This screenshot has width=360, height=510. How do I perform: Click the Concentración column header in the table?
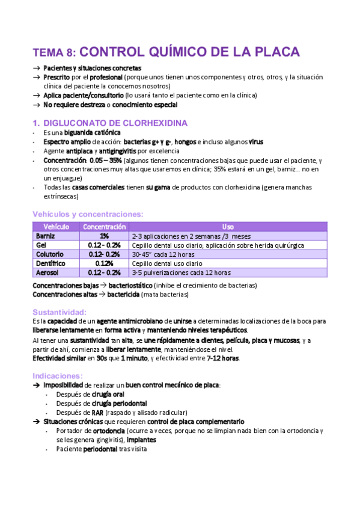coord(104,227)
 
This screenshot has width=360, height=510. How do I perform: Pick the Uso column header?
coord(228,227)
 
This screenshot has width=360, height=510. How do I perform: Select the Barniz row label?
coord(46,236)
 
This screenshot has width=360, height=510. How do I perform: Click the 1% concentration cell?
coord(104,236)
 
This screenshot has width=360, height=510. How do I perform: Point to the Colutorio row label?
coord(50,254)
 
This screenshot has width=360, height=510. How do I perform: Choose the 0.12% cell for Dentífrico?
coord(104,263)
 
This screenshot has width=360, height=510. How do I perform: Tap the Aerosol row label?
coord(48,272)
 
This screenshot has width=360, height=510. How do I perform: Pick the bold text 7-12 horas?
coord(222,358)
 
